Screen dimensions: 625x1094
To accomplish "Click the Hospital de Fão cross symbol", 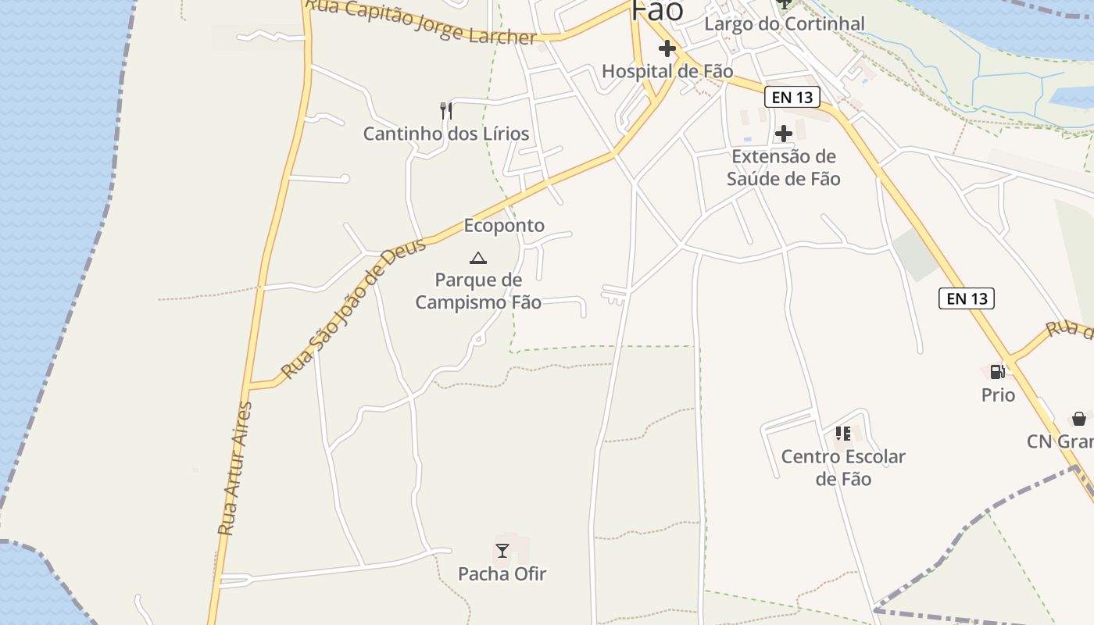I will click(x=667, y=48).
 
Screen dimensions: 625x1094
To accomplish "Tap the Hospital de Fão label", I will click(x=667, y=71).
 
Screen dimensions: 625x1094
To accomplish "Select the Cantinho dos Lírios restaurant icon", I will click(x=446, y=110).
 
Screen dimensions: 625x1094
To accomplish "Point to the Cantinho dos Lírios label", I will click(x=446, y=134).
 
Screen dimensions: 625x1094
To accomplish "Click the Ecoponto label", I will click(x=504, y=226).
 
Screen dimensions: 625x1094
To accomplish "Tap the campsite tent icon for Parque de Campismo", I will click(x=477, y=258).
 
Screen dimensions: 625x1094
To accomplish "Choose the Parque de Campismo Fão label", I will click(x=478, y=291).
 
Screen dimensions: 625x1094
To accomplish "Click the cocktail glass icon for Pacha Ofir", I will click(x=502, y=551).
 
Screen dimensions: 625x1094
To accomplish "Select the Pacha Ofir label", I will click(x=502, y=574).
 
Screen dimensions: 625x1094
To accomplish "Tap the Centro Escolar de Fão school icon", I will click(x=842, y=433).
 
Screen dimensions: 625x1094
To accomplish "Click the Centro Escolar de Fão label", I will click(x=843, y=467).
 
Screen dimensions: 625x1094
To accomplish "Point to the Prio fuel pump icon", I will click(x=997, y=372).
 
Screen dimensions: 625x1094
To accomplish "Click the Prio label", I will click(x=998, y=395).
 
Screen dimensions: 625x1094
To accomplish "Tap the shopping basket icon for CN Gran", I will click(x=1079, y=419).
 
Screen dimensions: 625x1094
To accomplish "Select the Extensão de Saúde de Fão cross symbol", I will click(x=783, y=134).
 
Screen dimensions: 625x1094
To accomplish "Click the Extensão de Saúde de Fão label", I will click(x=784, y=167).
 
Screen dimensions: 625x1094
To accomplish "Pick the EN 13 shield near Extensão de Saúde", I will click(x=792, y=97).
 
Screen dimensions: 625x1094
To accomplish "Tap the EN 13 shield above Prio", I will click(x=967, y=298).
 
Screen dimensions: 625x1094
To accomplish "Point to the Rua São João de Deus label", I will click(x=354, y=308).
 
